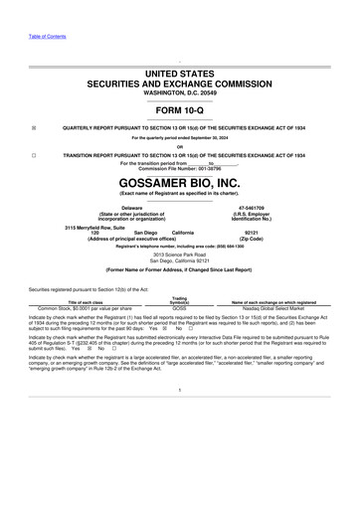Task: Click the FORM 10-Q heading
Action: click(180, 110)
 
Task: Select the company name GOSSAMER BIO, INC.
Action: click(180, 184)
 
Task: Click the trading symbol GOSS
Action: click(179, 308)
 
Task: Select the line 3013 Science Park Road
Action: click(180, 255)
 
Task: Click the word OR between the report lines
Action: click(180, 147)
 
